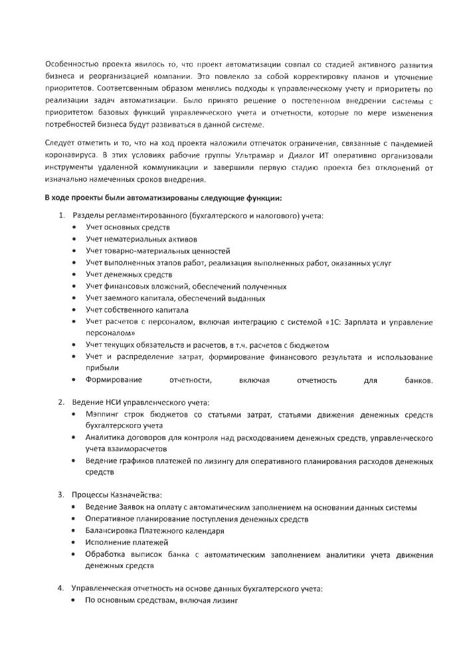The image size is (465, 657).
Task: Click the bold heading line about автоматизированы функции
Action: point(164,198)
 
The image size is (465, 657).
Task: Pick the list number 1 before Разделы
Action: point(60,215)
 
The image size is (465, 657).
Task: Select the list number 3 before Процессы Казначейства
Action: point(60,494)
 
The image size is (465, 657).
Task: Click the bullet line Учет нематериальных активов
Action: point(141,239)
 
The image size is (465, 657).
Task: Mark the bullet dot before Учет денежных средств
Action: point(74,275)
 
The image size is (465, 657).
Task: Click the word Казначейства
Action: point(136,494)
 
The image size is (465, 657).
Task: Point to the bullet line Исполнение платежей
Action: point(118,543)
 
